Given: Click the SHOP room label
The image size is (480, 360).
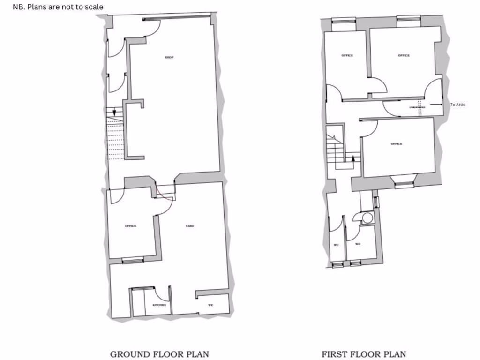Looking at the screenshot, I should pos(169,58).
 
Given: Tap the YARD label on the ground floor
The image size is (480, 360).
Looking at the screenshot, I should pos(189,226).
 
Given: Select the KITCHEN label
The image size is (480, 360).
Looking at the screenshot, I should pos(159,305).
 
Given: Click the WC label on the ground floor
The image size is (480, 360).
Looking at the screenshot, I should pos(211,305).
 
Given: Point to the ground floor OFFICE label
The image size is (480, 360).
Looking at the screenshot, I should pos(130,226).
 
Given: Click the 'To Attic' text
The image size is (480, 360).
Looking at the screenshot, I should pos(458,105).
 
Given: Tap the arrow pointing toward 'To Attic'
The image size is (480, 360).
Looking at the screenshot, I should pos(436,105).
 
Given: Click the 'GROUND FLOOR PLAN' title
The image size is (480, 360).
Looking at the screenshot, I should pos(159,354).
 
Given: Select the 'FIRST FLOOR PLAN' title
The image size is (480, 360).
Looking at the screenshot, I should pos(364,354).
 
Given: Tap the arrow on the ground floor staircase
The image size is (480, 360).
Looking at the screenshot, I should pos(114,113).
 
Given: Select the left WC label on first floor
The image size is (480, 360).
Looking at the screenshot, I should pos(336,245).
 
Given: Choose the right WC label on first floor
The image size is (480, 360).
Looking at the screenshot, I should pos(358,244).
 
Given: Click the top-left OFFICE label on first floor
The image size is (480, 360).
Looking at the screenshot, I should pos(347,56).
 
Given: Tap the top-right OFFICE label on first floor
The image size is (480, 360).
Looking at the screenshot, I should pos(404,56).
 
